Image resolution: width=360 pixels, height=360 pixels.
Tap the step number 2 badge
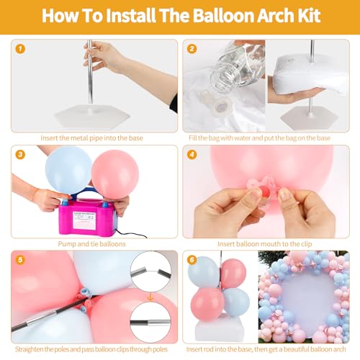coord(192,49)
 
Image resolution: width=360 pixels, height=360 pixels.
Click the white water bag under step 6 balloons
coord(220,327)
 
